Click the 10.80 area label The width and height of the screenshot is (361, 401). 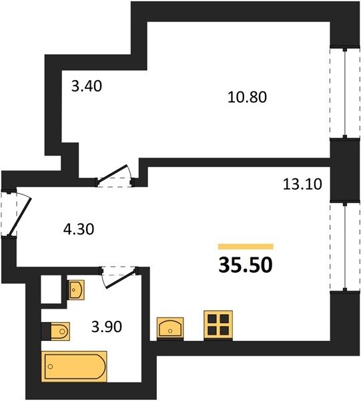[x=247, y=97]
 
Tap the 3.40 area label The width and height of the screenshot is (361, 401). [x=87, y=86]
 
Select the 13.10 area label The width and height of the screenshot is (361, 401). [x=302, y=184]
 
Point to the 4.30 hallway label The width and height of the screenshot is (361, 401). [x=79, y=229]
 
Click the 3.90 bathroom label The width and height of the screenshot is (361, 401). [x=107, y=327]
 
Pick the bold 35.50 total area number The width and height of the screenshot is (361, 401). [x=246, y=265]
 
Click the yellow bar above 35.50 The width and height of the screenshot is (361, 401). [x=246, y=246]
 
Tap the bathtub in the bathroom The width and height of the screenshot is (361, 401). [x=75, y=366]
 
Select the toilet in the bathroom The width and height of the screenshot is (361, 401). [x=59, y=331]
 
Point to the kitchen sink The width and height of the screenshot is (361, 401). [x=170, y=329]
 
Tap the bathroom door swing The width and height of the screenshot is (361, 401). [x=119, y=277]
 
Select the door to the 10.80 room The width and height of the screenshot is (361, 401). [x=115, y=176]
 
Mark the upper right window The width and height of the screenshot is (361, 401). [x=345, y=92]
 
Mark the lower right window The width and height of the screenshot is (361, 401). [x=345, y=246]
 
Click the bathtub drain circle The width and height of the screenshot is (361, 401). [x=50, y=366]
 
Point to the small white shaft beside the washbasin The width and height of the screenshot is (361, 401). [x=51, y=289]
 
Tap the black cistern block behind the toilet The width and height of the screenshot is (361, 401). [x=46, y=331]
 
